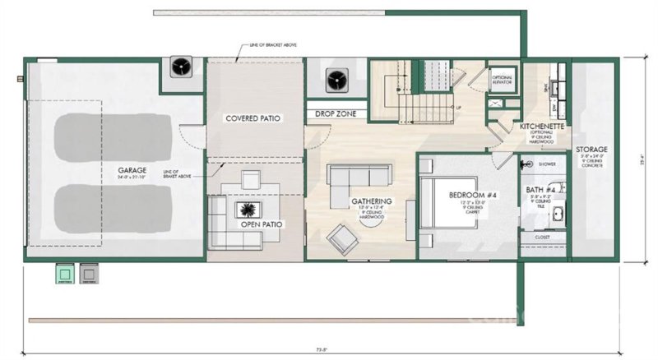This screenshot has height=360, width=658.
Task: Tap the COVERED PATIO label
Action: coord(253,118)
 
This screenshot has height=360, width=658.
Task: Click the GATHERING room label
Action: coord(371,201)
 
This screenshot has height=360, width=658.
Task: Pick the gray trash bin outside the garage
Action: coord(89,271)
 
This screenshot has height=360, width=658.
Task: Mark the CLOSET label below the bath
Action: coord(542,238)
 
